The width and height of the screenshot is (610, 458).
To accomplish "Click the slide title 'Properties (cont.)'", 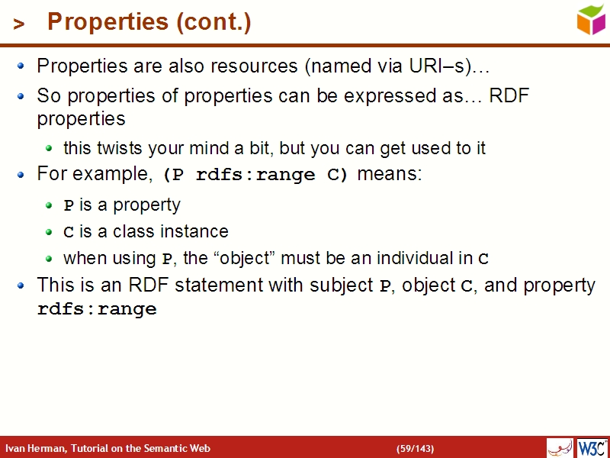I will [149, 23].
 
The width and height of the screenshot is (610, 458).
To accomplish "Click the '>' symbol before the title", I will [19, 24].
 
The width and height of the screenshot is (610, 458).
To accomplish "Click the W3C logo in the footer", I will [592, 447].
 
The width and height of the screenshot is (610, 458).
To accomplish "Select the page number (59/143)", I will [415, 448].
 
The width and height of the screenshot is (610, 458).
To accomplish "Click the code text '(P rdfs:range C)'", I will [255, 175].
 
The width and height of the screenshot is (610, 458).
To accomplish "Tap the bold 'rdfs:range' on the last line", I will [97, 310].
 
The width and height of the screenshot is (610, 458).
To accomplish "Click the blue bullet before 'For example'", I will [22, 175].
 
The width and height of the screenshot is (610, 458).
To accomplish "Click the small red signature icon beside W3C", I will [560, 447].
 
